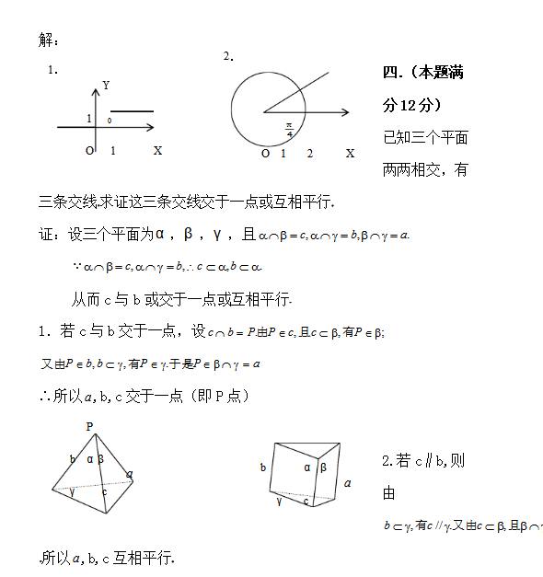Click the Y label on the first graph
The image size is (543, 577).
107,85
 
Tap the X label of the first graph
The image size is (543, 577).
157,150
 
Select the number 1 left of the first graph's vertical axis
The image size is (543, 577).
88,119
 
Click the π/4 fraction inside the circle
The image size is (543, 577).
289,129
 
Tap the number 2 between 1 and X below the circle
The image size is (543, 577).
310,153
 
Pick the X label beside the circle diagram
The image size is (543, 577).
350,153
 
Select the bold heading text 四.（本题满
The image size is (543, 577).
422,73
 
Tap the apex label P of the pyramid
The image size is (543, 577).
89,426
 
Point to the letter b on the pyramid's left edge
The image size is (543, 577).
72,459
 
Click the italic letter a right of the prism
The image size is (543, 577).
347,482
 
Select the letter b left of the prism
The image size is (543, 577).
263,467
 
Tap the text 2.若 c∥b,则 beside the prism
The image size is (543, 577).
423,460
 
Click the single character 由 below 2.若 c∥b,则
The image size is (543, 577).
388,493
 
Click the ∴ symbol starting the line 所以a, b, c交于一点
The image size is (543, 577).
44,396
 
